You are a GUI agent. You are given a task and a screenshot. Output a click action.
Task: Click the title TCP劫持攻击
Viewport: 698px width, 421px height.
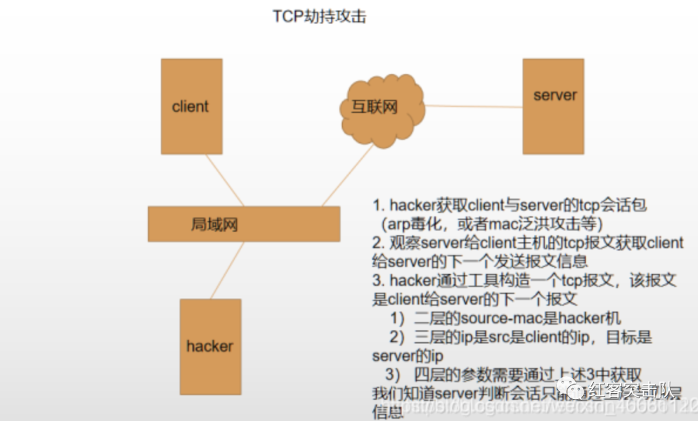[319, 17]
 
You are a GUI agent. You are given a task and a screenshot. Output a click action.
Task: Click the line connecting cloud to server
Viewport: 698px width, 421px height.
[473, 106]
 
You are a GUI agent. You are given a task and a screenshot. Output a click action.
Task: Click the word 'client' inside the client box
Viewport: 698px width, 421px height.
[191, 107]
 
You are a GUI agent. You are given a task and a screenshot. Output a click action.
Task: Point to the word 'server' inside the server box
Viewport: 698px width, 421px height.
[555, 95]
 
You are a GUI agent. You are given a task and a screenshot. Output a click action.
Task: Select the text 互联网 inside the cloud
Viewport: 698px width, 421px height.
[374, 107]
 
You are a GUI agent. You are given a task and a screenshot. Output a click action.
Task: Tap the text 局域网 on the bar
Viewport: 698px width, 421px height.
[215, 224]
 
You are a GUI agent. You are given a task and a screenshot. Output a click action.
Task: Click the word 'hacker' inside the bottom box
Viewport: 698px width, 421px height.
[209, 346]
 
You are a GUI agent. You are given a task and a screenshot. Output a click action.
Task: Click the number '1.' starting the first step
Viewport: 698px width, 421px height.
[379, 206]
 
